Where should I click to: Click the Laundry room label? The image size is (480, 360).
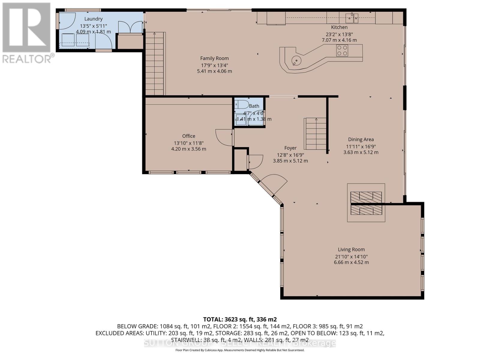[93, 19]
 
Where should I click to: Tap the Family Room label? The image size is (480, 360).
[214, 58]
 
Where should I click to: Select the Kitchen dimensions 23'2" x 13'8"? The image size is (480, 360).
[339, 34]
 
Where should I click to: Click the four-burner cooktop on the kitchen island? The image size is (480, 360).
[342, 50]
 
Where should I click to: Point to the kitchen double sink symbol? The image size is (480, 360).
[352, 18]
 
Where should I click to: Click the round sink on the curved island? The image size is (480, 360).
[296, 61]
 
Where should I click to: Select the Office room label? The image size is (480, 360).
[188, 136]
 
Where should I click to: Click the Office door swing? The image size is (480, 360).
[224, 137]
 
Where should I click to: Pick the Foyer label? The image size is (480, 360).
[290, 148]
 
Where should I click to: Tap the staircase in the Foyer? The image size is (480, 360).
[315, 134]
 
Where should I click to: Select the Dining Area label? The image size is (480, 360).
[361, 139]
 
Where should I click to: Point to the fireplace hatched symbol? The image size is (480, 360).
[366, 203]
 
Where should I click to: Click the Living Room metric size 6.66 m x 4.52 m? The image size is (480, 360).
[351, 262]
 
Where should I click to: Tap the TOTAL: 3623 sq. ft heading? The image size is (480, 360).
[240, 319]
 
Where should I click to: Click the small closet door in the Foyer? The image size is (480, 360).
[255, 162]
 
